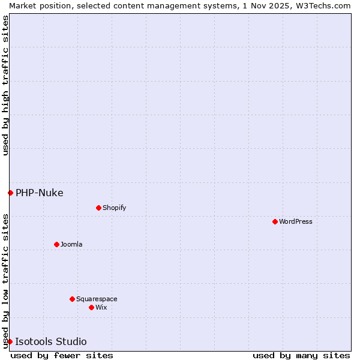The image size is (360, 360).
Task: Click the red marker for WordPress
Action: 275,221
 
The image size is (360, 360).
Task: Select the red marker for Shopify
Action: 98,208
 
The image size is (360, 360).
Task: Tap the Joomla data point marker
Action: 56,244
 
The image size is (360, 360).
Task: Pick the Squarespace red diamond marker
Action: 72,299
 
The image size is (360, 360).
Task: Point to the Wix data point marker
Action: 91,307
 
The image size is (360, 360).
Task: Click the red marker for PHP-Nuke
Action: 10,193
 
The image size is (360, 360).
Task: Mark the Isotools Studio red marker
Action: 10,341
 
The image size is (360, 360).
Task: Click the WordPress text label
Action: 296,221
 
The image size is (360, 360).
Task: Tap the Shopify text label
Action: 114,208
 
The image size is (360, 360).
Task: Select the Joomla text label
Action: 71,244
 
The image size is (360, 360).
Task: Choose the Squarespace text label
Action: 97,299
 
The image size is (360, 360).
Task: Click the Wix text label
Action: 101,307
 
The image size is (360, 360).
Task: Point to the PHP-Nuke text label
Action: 40,193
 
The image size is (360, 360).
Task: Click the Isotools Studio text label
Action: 51,341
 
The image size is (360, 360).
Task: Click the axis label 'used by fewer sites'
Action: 62,355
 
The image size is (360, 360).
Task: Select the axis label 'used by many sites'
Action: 301,355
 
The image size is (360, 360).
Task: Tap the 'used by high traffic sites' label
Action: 5,85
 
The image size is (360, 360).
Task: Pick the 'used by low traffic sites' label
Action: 5,280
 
